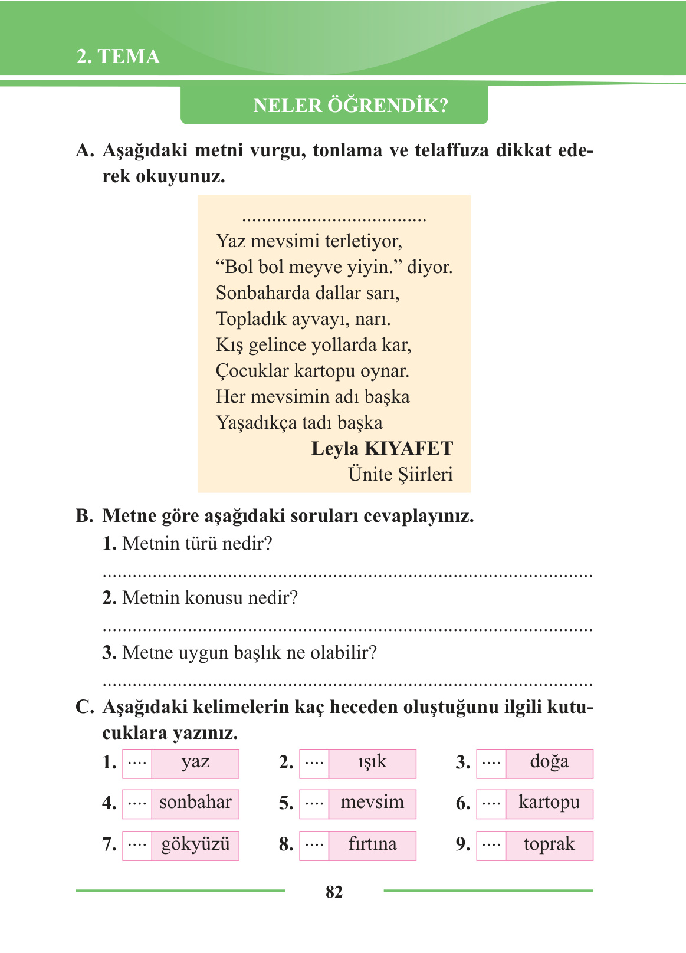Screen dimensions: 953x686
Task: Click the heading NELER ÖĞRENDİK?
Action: [350, 106]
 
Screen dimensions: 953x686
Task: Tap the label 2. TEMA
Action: [119, 57]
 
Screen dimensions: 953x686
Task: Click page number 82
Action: [334, 892]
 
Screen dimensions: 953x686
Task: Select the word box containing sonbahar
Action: [195, 803]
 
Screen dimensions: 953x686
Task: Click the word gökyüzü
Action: [195, 844]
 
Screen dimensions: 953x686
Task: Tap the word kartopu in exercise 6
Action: [549, 803]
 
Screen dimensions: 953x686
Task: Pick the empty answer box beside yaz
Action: [137, 763]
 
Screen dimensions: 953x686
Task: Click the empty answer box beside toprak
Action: [491, 845]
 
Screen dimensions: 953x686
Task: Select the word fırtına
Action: [372, 844]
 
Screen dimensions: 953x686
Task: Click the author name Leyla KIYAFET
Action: [382, 449]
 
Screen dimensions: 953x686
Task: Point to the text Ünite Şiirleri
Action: [400, 475]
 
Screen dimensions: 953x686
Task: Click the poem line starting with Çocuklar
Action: [312, 371]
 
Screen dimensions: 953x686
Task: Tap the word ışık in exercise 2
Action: [372, 762]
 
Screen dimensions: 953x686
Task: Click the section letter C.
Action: [84, 707]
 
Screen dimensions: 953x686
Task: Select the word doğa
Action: [549, 762]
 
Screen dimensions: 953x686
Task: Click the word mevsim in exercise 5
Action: [372, 803]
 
